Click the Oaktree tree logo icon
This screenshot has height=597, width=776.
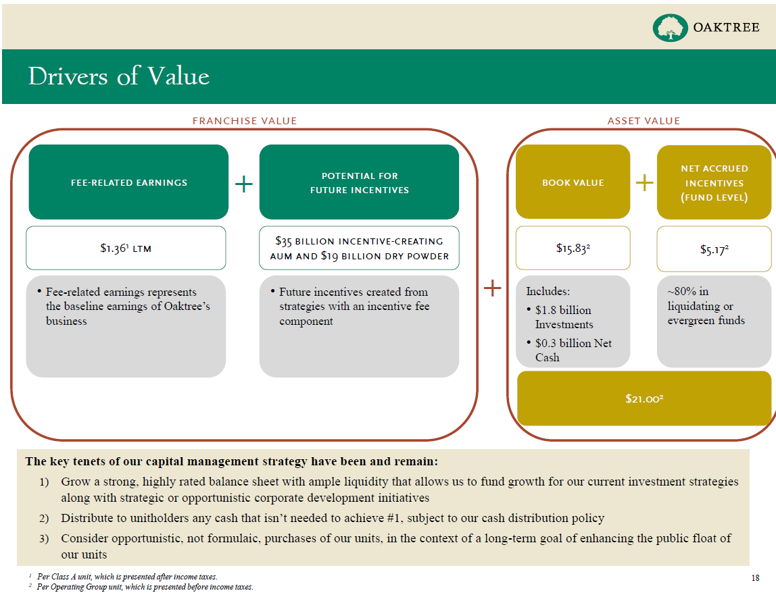(669, 28)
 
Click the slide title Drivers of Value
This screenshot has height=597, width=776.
(119, 76)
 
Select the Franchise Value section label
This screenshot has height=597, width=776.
(245, 121)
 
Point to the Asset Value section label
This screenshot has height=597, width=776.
(644, 121)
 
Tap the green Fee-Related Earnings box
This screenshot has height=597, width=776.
(128, 182)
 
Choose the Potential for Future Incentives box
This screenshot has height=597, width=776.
(359, 182)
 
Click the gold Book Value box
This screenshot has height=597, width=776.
(573, 182)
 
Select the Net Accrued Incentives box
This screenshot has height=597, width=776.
(714, 182)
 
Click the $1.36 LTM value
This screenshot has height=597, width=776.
(126, 248)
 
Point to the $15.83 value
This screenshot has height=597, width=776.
(573, 248)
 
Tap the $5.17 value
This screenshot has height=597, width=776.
(714, 249)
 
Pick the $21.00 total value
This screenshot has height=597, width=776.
(644, 399)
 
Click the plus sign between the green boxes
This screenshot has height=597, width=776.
(244, 183)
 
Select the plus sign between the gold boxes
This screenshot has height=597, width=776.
(645, 182)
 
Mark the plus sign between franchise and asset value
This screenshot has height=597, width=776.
(493, 289)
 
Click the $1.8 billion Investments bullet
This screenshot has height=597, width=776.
(564, 317)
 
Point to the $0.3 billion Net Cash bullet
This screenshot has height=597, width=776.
(573, 350)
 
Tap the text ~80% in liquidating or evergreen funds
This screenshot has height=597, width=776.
(706, 306)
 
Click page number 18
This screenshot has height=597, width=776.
(755, 577)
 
